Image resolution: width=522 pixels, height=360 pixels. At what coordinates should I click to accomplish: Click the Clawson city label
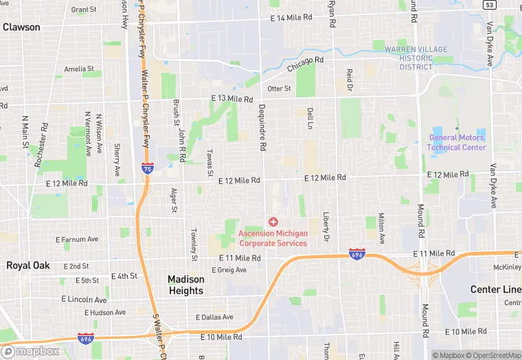(21, 27)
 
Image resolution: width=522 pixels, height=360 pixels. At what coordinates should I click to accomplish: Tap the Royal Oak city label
(28, 265)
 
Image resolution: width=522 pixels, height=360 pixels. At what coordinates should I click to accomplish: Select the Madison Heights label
(186, 285)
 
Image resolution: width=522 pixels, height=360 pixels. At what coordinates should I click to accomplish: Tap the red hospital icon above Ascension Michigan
(273, 221)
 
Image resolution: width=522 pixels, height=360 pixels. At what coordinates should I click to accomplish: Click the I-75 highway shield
(147, 167)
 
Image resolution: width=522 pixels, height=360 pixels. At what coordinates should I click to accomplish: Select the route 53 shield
(489, 5)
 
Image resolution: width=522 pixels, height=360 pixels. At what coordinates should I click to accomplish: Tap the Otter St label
(279, 89)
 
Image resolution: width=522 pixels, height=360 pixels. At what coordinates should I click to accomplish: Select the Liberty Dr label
(326, 226)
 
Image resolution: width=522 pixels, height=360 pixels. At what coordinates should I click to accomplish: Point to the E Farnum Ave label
(77, 240)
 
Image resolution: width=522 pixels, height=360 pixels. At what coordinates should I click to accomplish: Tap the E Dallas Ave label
(214, 317)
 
